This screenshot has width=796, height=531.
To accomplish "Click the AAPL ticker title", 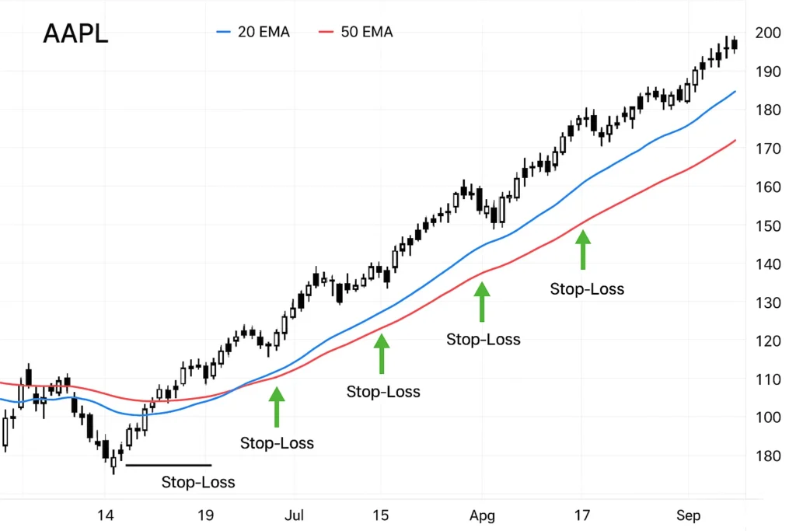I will click(x=75, y=34).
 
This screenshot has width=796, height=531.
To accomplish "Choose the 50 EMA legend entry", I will click(x=355, y=32).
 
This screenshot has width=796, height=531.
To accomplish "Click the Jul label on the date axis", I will click(x=294, y=515).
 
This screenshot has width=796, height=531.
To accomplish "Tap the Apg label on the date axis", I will click(x=482, y=515).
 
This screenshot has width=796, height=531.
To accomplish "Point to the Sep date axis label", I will click(x=688, y=515).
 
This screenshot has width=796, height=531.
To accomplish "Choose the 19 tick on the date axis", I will click(x=205, y=515).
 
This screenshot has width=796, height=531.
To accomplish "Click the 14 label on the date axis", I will click(x=106, y=515).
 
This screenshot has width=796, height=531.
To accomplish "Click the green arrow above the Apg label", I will click(x=482, y=302).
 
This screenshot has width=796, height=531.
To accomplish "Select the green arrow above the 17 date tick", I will click(x=582, y=248).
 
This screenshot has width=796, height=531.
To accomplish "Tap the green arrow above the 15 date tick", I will click(x=381, y=353).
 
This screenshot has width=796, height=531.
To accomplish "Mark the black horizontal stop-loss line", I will click(x=168, y=465).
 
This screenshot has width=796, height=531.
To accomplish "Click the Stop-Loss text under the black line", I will click(x=198, y=482).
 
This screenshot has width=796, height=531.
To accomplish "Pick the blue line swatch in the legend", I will click(x=224, y=32).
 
